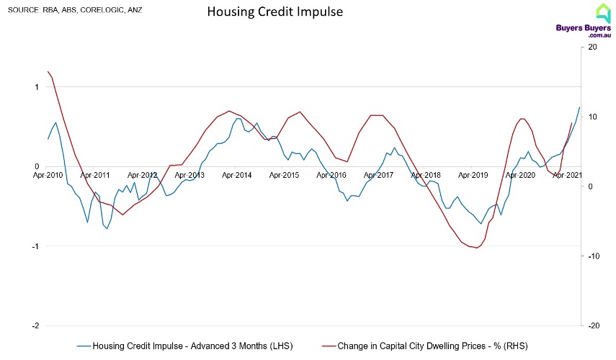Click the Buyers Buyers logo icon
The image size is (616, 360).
[603, 12]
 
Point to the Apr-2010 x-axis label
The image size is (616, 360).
[48, 174]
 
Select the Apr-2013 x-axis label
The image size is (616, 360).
[189, 174]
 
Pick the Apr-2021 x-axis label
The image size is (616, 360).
[566, 174]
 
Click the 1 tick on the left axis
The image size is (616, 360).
[37, 87]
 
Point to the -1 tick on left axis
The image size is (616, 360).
[36, 246]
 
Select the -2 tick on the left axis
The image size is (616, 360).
[36, 325]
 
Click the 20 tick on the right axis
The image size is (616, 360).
[592, 48]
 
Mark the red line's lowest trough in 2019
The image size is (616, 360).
[476, 248]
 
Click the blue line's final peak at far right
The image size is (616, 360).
[579, 107]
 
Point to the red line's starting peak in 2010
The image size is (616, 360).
[48, 71]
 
